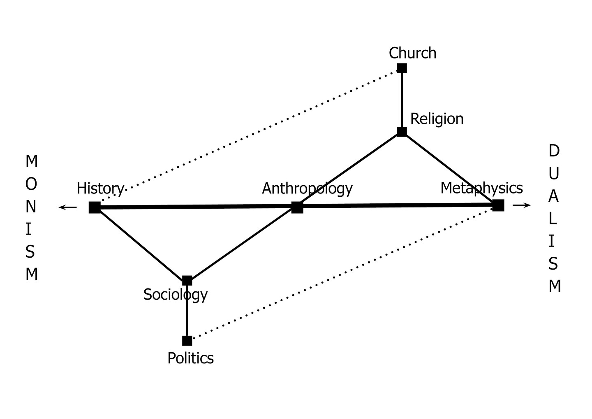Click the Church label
412,53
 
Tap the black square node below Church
402,68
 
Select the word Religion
437,119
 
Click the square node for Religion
402,132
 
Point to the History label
100,189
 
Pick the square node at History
95,207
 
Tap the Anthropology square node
297,207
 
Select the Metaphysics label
481,189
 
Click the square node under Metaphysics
498,205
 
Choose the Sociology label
176,295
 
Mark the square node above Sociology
187,281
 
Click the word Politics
191,358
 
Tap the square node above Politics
187,341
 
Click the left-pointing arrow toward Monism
68,207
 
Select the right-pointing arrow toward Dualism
522,205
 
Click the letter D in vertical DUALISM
554,151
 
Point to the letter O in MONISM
31,184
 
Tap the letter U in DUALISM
554,174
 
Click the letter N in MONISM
31,207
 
